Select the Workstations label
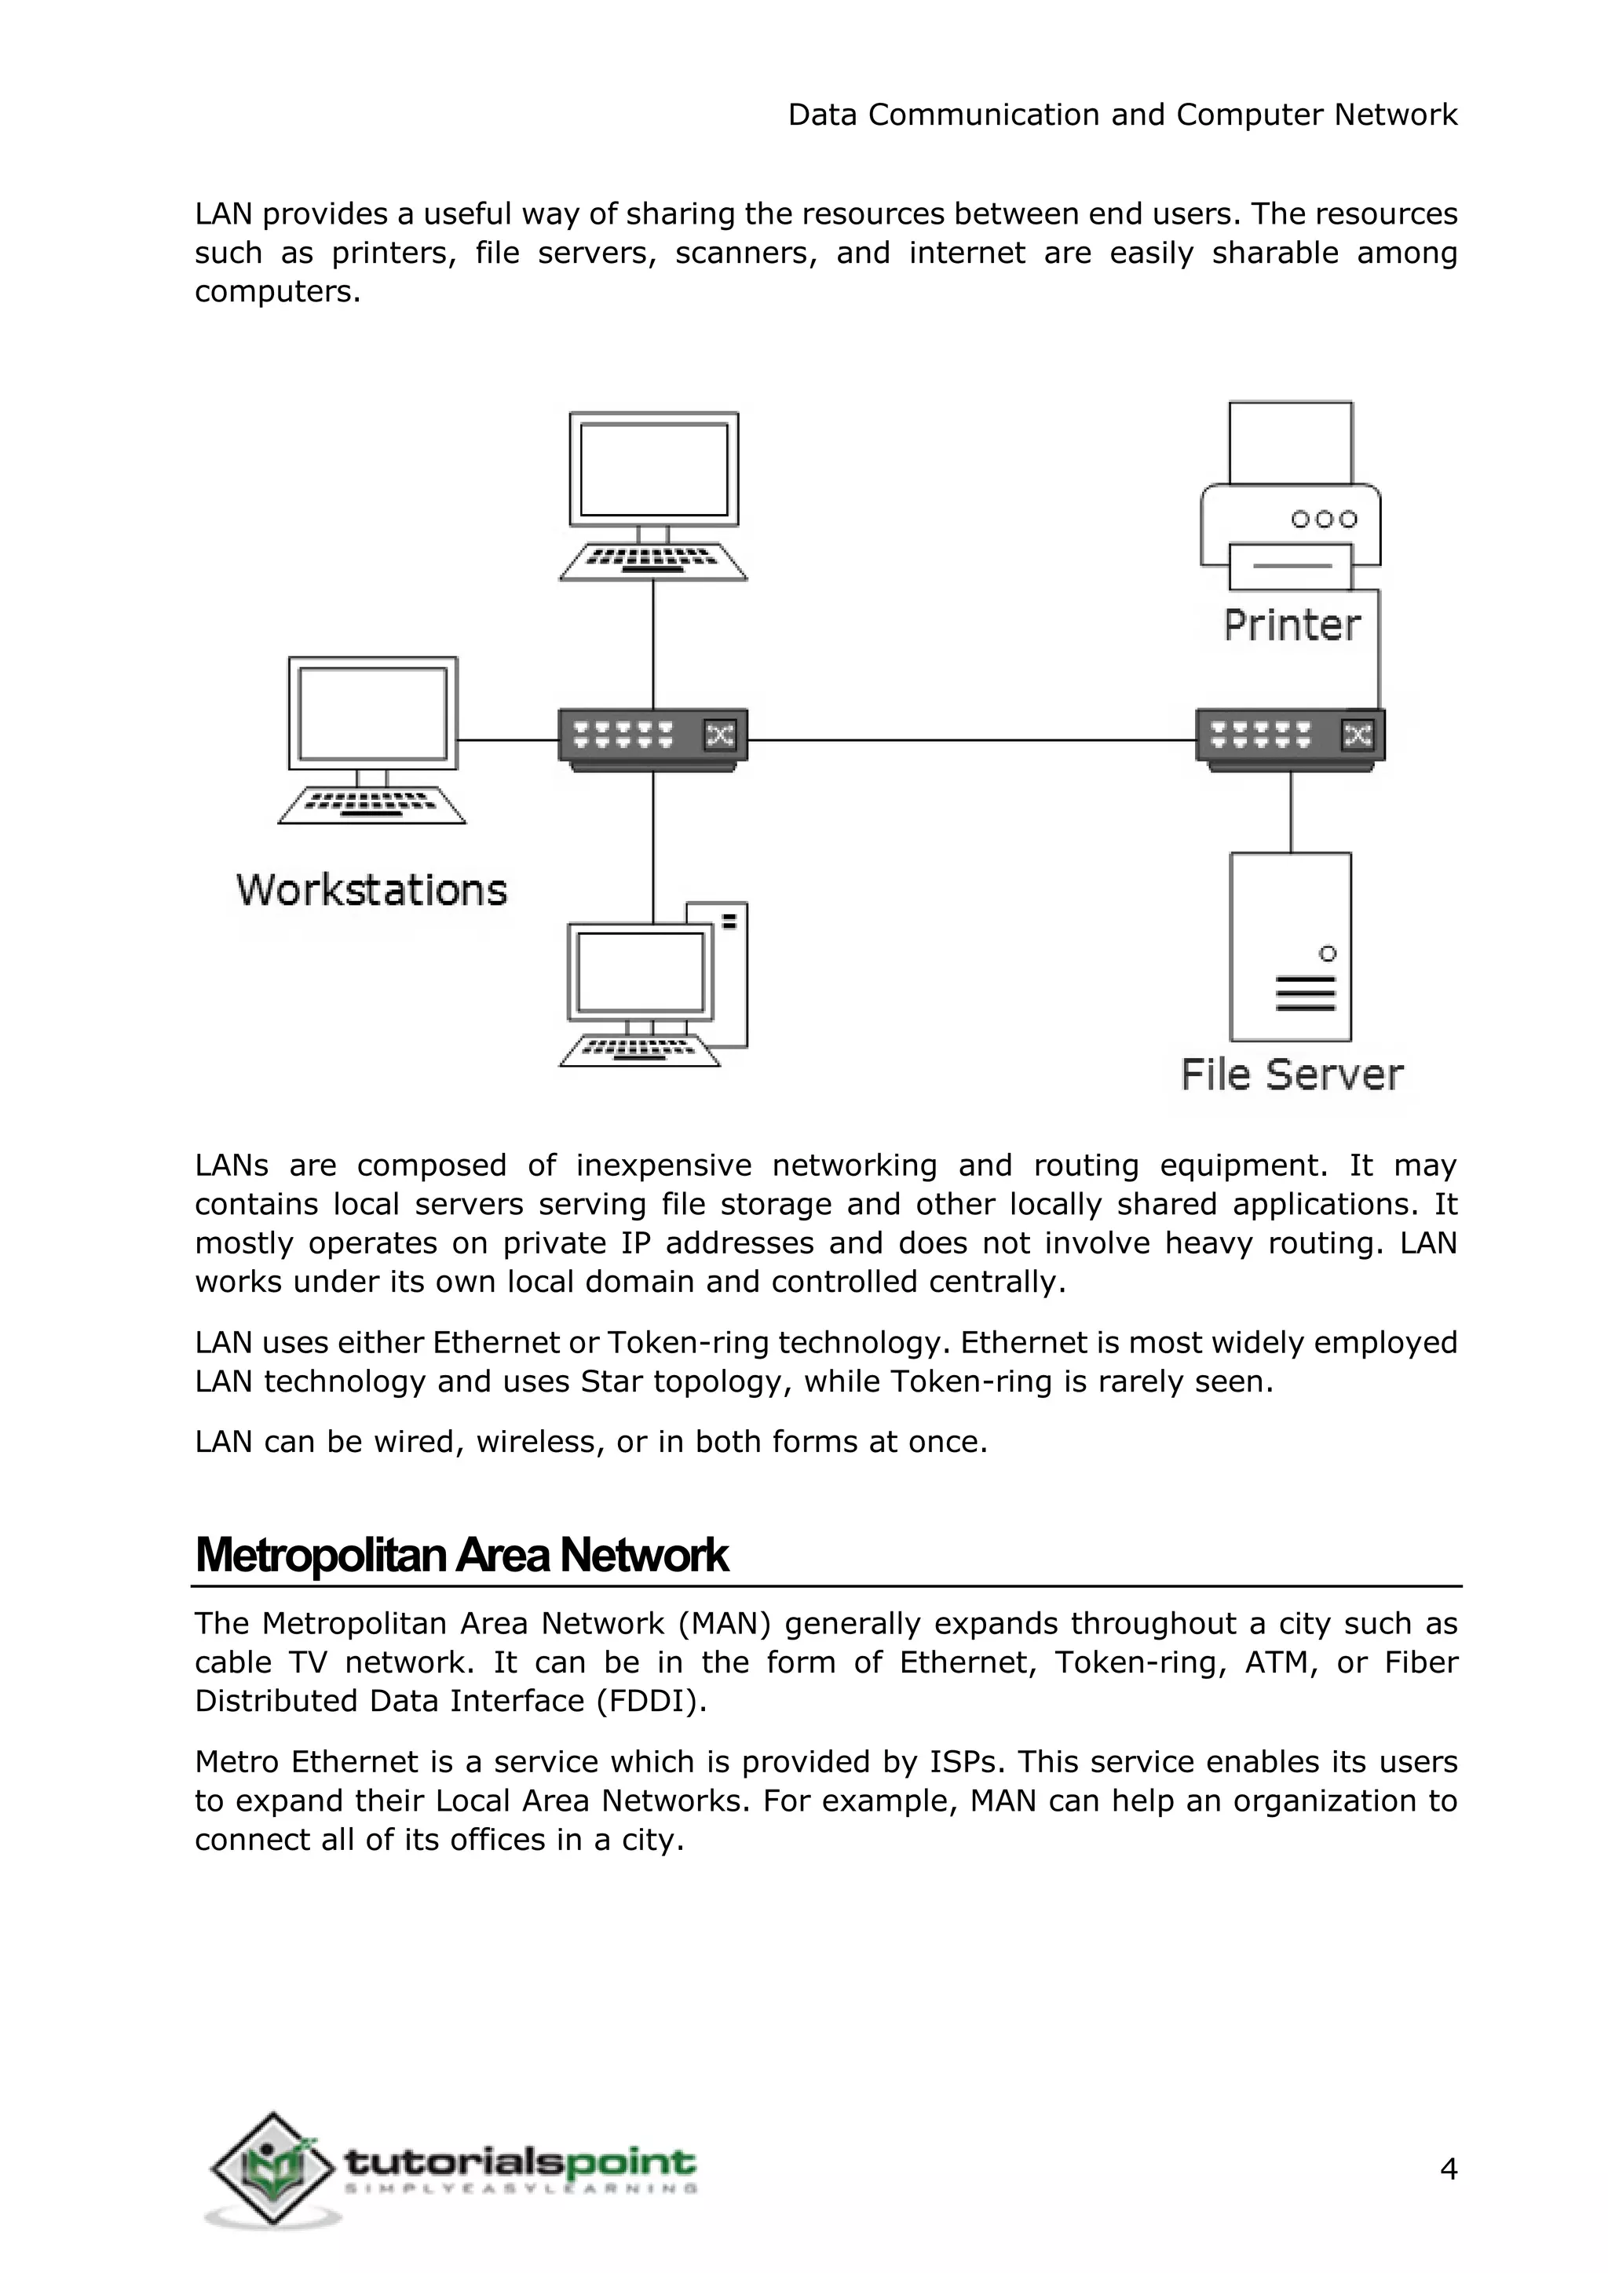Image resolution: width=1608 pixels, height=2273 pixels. (x=371, y=890)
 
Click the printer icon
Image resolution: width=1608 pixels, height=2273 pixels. (x=1290, y=495)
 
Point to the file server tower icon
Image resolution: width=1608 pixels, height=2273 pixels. (x=1290, y=947)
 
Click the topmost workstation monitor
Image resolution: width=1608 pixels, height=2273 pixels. (x=653, y=469)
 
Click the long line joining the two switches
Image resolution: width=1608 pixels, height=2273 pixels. (x=970, y=739)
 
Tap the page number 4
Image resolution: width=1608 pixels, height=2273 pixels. (x=1448, y=2170)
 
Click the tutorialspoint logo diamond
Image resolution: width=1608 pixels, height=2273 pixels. (x=272, y=2168)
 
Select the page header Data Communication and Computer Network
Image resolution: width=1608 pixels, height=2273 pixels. (x=1122, y=115)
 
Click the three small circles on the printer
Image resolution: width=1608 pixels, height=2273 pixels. (x=1324, y=519)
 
